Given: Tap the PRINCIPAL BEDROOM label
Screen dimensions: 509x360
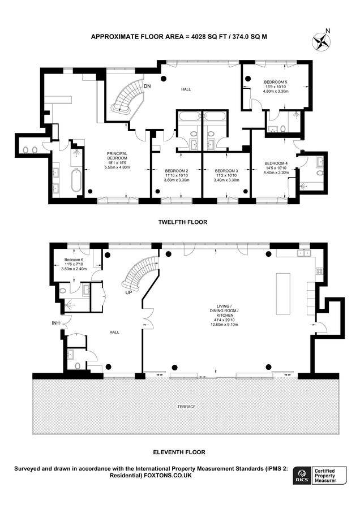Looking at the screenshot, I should (117, 153).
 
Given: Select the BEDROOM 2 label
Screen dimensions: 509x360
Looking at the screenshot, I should (176, 171).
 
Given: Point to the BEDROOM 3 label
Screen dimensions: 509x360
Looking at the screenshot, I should (226, 171).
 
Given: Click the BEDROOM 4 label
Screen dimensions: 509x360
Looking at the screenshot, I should (276, 163).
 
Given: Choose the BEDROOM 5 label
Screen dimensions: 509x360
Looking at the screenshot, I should (276, 82).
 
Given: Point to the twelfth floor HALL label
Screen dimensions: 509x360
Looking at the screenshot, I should (186, 89).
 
